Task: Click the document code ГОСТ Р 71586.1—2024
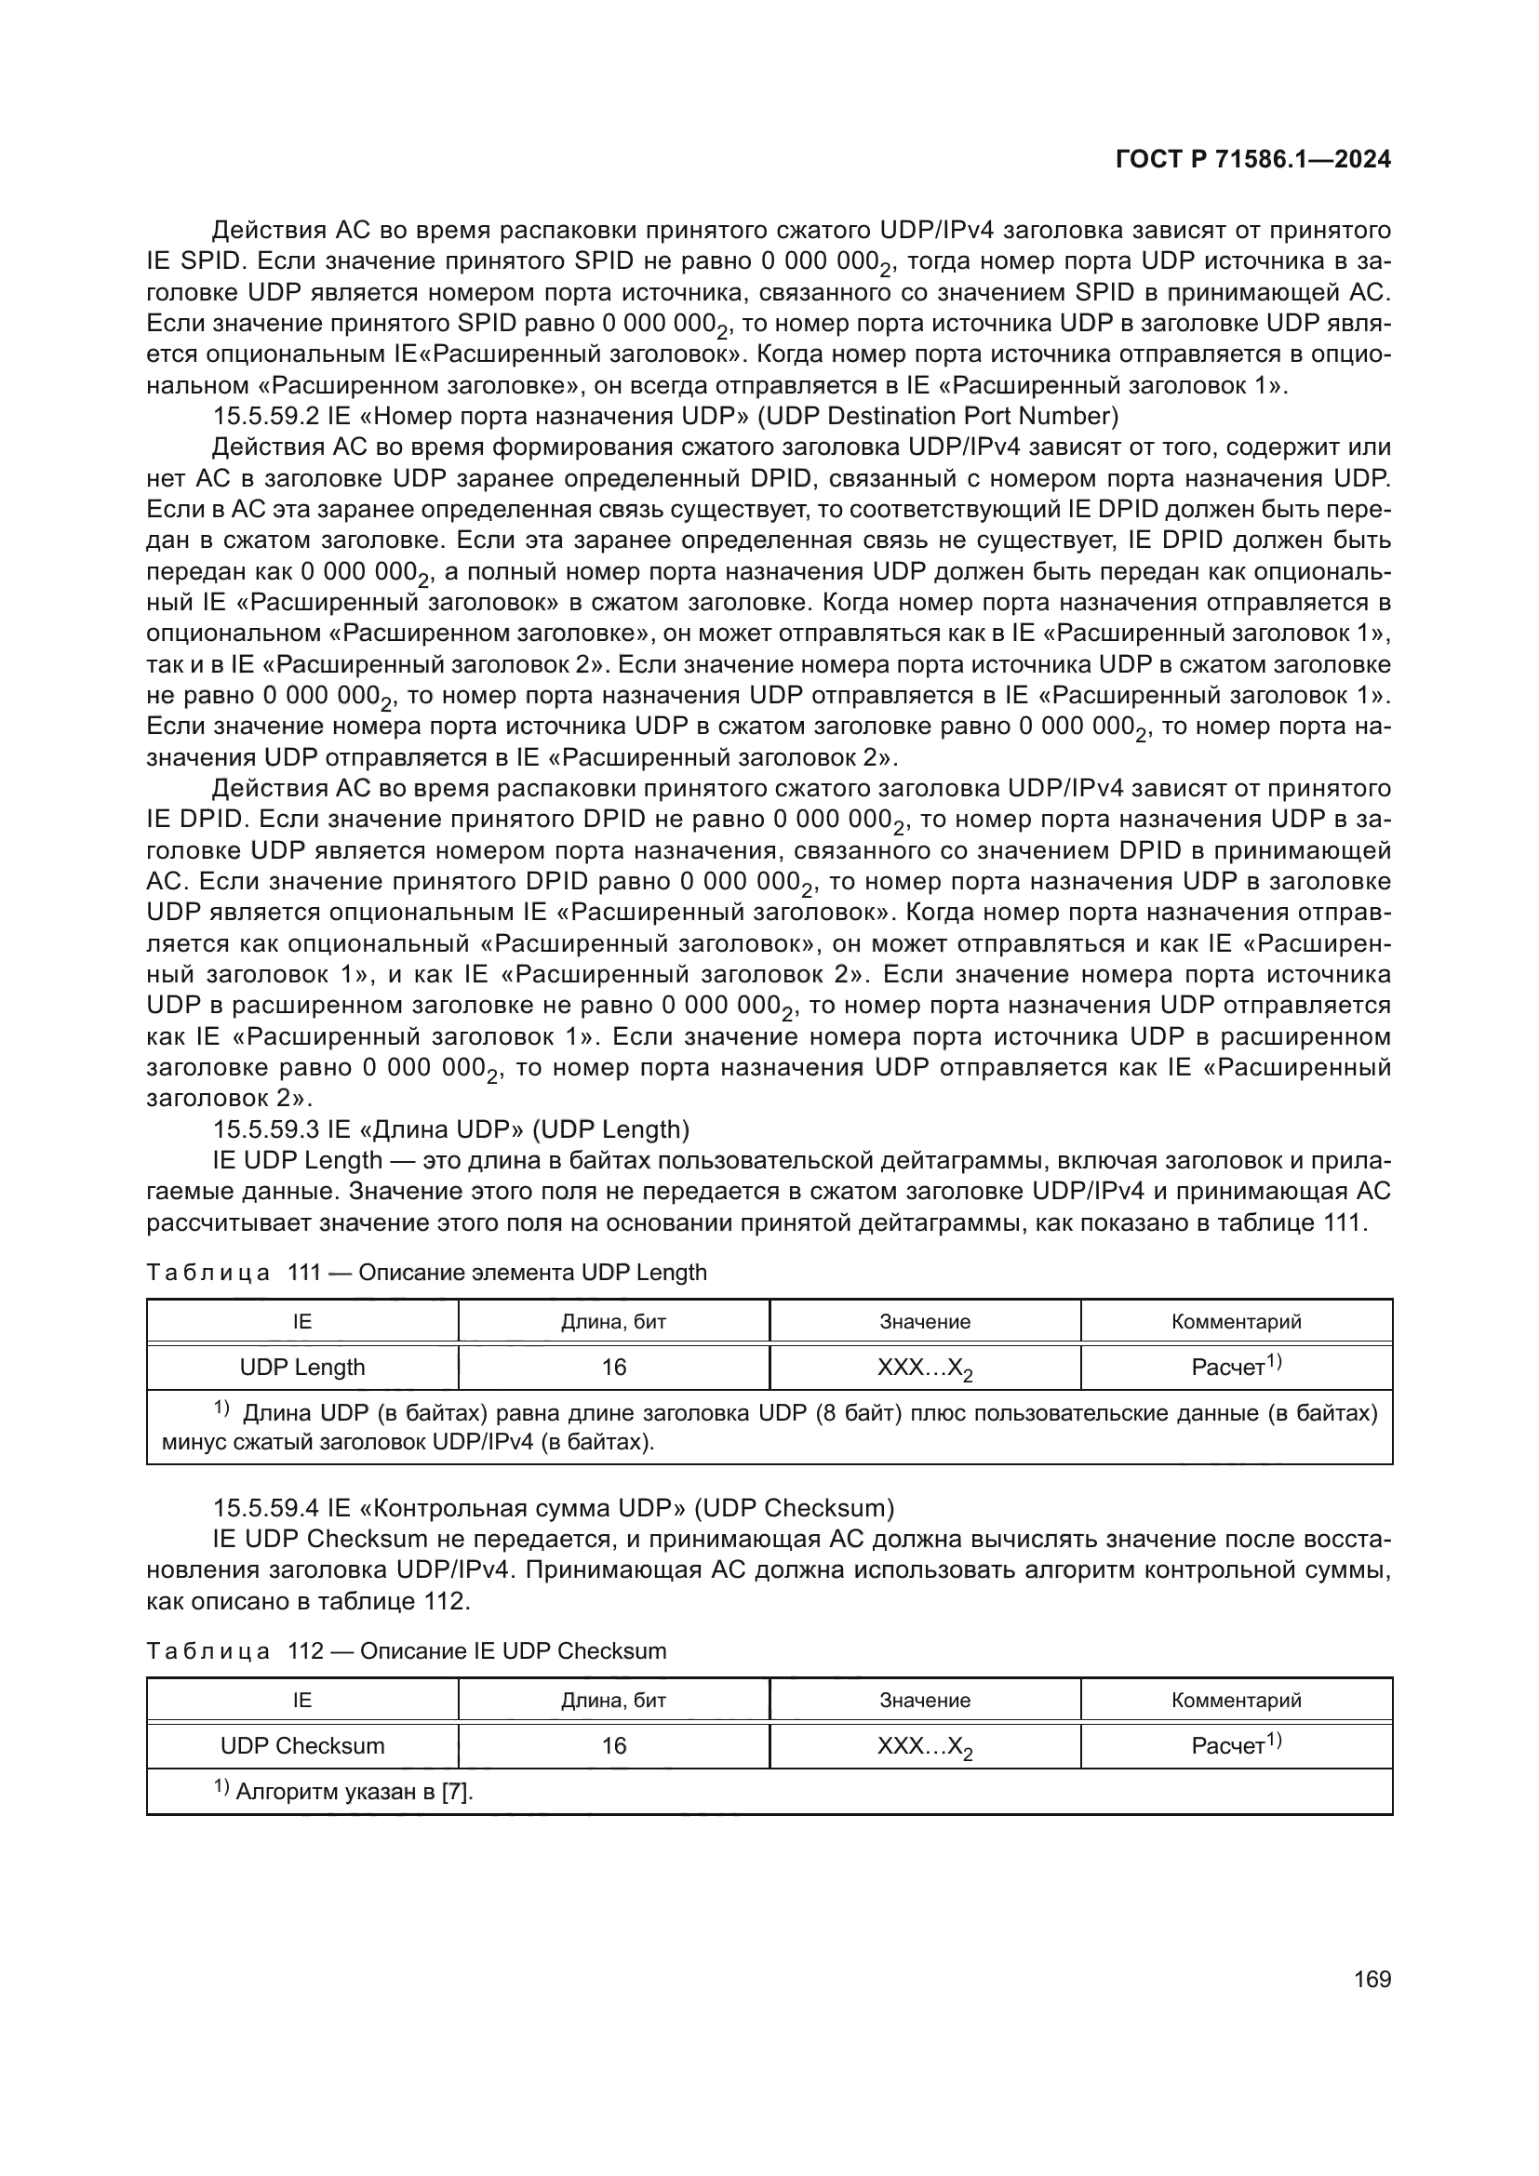(x=1252, y=159)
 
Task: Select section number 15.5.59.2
(x=266, y=416)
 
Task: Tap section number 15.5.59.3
(x=266, y=1128)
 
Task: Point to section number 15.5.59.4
(x=266, y=1508)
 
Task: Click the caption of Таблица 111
(x=426, y=1272)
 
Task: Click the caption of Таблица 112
(x=407, y=1651)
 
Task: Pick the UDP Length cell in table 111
(x=302, y=1367)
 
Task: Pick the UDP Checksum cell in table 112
(x=302, y=1745)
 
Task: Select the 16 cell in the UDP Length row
(x=614, y=1367)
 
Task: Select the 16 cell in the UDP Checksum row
(x=614, y=1745)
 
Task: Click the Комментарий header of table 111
(x=1236, y=1321)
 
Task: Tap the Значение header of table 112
(x=925, y=1701)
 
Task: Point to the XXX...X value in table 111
(x=925, y=1368)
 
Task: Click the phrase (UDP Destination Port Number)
(x=937, y=416)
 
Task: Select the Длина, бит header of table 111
(x=614, y=1321)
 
